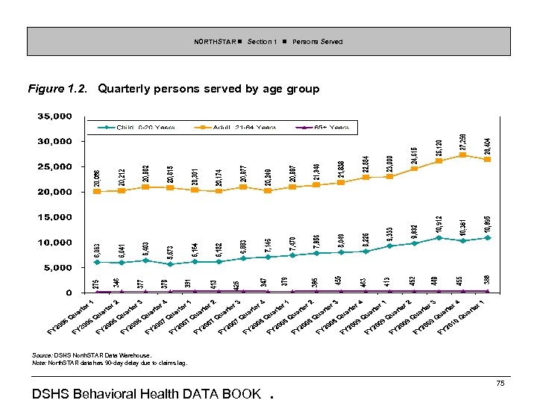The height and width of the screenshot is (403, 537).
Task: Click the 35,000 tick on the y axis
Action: click(x=50, y=116)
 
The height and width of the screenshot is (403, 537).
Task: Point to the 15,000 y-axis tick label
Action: click(x=50, y=217)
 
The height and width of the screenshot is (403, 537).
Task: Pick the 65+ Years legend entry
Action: click(x=328, y=128)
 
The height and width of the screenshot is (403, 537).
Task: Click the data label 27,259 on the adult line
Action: click(x=463, y=141)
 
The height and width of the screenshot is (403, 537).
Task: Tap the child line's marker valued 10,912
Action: click(x=439, y=238)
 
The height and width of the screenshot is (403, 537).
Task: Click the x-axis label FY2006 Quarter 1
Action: click(x=71, y=318)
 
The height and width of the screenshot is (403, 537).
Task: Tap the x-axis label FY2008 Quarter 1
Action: click(x=266, y=318)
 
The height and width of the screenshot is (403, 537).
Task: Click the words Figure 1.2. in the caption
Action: click(x=59, y=90)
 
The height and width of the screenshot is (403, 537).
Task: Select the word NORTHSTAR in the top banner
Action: click(x=211, y=42)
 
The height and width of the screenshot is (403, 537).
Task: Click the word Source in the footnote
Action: click(x=42, y=355)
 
